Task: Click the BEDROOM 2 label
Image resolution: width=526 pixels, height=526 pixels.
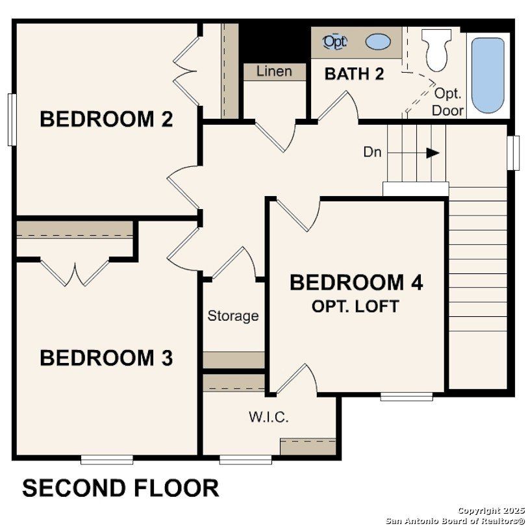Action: click(x=106, y=119)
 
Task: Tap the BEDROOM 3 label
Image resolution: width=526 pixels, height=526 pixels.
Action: click(x=106, y=358)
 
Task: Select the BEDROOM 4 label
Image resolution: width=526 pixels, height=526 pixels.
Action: click(x=356, y=283)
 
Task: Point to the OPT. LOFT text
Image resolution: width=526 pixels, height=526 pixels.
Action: click(x=355, y=307)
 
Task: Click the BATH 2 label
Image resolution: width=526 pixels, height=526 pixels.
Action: click(x=354, y=73)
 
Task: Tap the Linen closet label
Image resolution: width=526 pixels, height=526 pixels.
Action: click(x=274, y=71)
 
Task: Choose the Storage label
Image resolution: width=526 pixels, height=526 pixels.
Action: click(x=233, y=316)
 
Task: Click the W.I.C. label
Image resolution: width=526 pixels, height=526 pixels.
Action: click(x=268, y=417)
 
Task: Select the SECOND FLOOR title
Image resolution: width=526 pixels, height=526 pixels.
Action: click(x=121, y=488)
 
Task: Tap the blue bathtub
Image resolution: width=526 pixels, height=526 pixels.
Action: click(x=488, y=75)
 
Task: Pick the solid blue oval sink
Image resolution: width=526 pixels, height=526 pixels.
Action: click(x=378, y=42)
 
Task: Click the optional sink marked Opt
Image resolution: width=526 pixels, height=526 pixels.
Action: click(x=335, y=42)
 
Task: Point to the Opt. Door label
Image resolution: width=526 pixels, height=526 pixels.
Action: click(x=447, y=102)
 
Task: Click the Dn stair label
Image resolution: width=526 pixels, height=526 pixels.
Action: click(x=372, y=153)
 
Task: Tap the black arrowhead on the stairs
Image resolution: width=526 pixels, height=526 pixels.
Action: click(x=432, y=153)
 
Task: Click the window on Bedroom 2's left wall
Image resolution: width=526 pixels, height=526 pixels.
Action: click(x=12, y=119)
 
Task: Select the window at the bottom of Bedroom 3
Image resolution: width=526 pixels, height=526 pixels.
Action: click(x=106, y=460)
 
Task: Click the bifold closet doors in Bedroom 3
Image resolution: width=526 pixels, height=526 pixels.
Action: click(x=75, y=273)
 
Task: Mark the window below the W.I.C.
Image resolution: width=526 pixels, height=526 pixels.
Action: click(x=245, y=460)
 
